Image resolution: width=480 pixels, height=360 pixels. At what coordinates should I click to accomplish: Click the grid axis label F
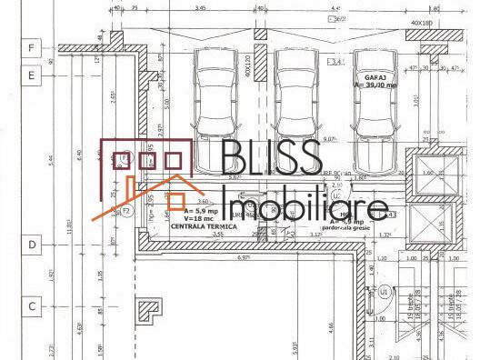click(31, 46)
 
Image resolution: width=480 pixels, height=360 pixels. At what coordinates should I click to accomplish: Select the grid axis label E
click(31, 75)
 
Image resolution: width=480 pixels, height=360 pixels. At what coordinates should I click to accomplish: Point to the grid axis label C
click(31, 306)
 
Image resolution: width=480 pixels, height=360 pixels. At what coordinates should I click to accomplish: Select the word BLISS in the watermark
click(270, 161)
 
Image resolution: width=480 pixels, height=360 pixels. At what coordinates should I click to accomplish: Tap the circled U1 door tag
click(385, 292)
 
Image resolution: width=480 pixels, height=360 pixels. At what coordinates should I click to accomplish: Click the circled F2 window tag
click(127, 211)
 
